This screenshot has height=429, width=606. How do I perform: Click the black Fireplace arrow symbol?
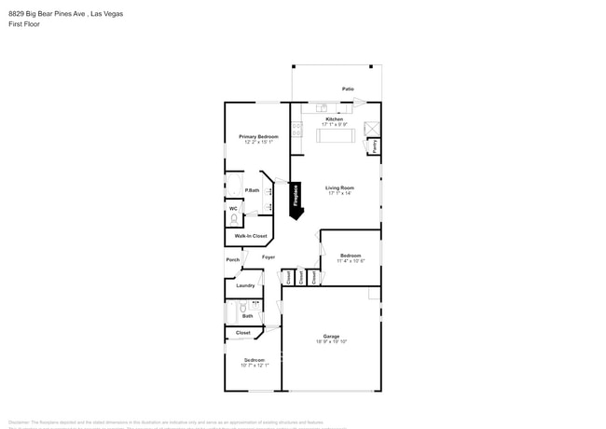(296, 200)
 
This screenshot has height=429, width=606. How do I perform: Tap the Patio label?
(348, 89)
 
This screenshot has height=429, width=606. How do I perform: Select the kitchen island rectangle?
(336, 136)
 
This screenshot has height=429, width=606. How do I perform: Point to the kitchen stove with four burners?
(297, 129)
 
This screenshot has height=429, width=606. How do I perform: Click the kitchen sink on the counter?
(321, 108)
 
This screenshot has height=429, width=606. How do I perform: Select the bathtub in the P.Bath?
(234, 186)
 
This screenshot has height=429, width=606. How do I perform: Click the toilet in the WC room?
(234, 219)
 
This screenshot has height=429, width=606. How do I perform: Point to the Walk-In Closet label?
(251, 236)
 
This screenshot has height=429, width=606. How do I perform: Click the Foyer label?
(268, 256)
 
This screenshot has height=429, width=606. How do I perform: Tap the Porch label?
(232, 259)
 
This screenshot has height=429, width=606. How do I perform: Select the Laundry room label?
(245, 285)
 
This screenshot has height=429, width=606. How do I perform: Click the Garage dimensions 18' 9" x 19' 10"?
(331, 341)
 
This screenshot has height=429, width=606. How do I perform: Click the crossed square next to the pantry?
(372, 129)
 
